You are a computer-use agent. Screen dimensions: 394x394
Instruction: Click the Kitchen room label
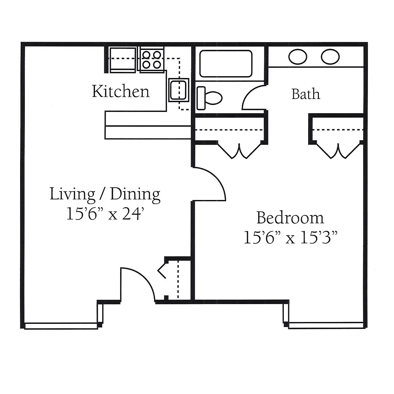click(x=121, y=91)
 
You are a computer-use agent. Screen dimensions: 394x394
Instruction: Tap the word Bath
click(x=306, y=94)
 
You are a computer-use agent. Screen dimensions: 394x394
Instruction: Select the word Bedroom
click(x=290, y=218)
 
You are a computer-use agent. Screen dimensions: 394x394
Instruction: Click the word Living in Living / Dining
click(x=72, y=194)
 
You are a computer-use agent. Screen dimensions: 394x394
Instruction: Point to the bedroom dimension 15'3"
click(x=319, y=237)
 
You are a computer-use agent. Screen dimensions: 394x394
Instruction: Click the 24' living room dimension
click(x=134, y=214)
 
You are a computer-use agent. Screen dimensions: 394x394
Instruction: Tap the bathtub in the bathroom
click(x=226, y=64)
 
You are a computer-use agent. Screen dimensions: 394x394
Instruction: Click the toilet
click(x=209, y=98)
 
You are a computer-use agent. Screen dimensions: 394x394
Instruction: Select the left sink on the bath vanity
click(x=298, y=57)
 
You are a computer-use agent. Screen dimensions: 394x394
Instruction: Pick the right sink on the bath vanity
click(x=330, y=57)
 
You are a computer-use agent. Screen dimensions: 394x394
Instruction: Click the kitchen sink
click(x=179, y=90)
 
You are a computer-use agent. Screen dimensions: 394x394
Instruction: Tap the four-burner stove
click(x=152, y=59)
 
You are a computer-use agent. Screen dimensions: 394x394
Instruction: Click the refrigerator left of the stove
click(x=123, y=60)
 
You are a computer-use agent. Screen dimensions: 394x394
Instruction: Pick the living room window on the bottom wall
click(x=61, y=326)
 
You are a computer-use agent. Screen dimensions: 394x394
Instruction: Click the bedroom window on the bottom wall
click(x=326, y=325)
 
